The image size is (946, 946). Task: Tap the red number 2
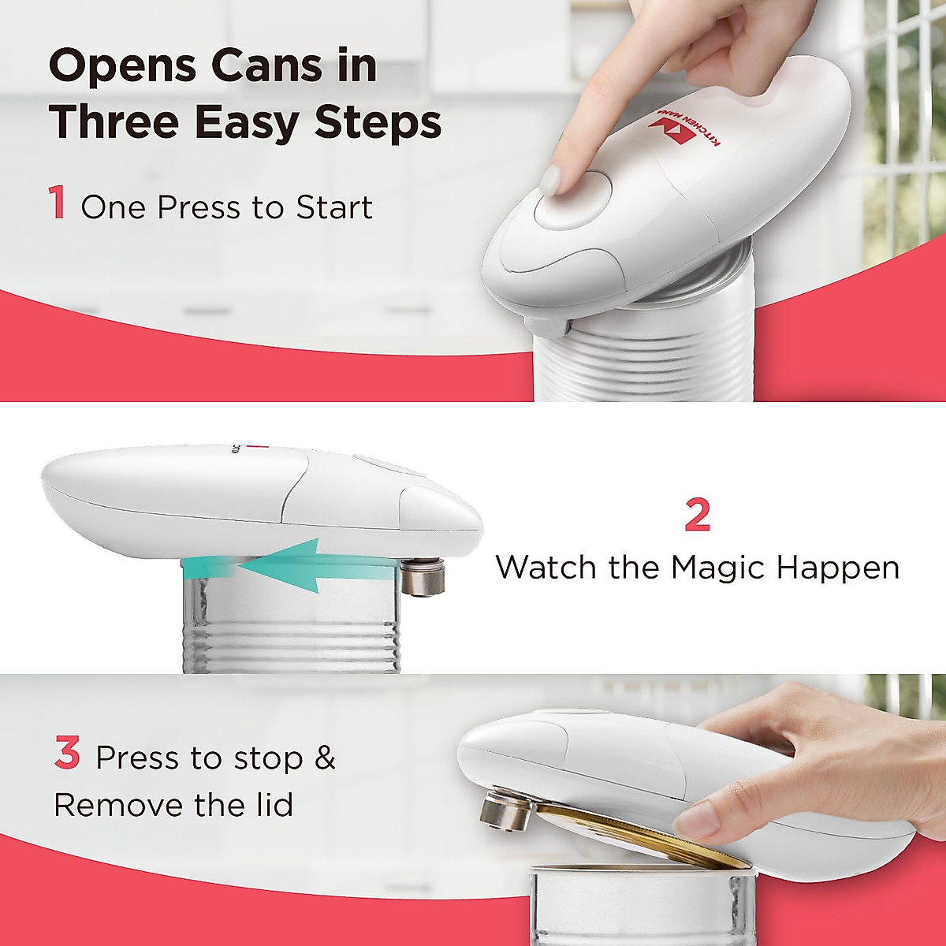(x=697, y=516)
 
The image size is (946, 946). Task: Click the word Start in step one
(x=333, y=207)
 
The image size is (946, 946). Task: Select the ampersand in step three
(x=325, y=758)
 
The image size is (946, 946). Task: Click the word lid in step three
(x=270, y=805)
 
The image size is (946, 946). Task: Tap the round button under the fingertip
(x=572, y=200)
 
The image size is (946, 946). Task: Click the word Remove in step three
(x=118, y=805)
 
